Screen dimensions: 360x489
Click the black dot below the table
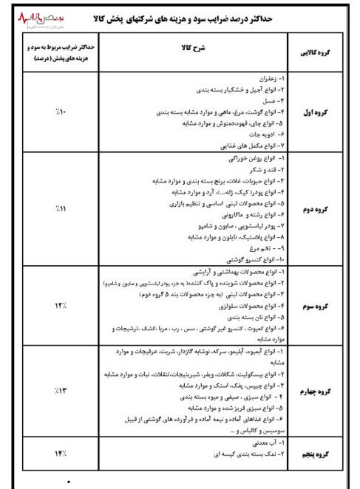click(69, 482)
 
